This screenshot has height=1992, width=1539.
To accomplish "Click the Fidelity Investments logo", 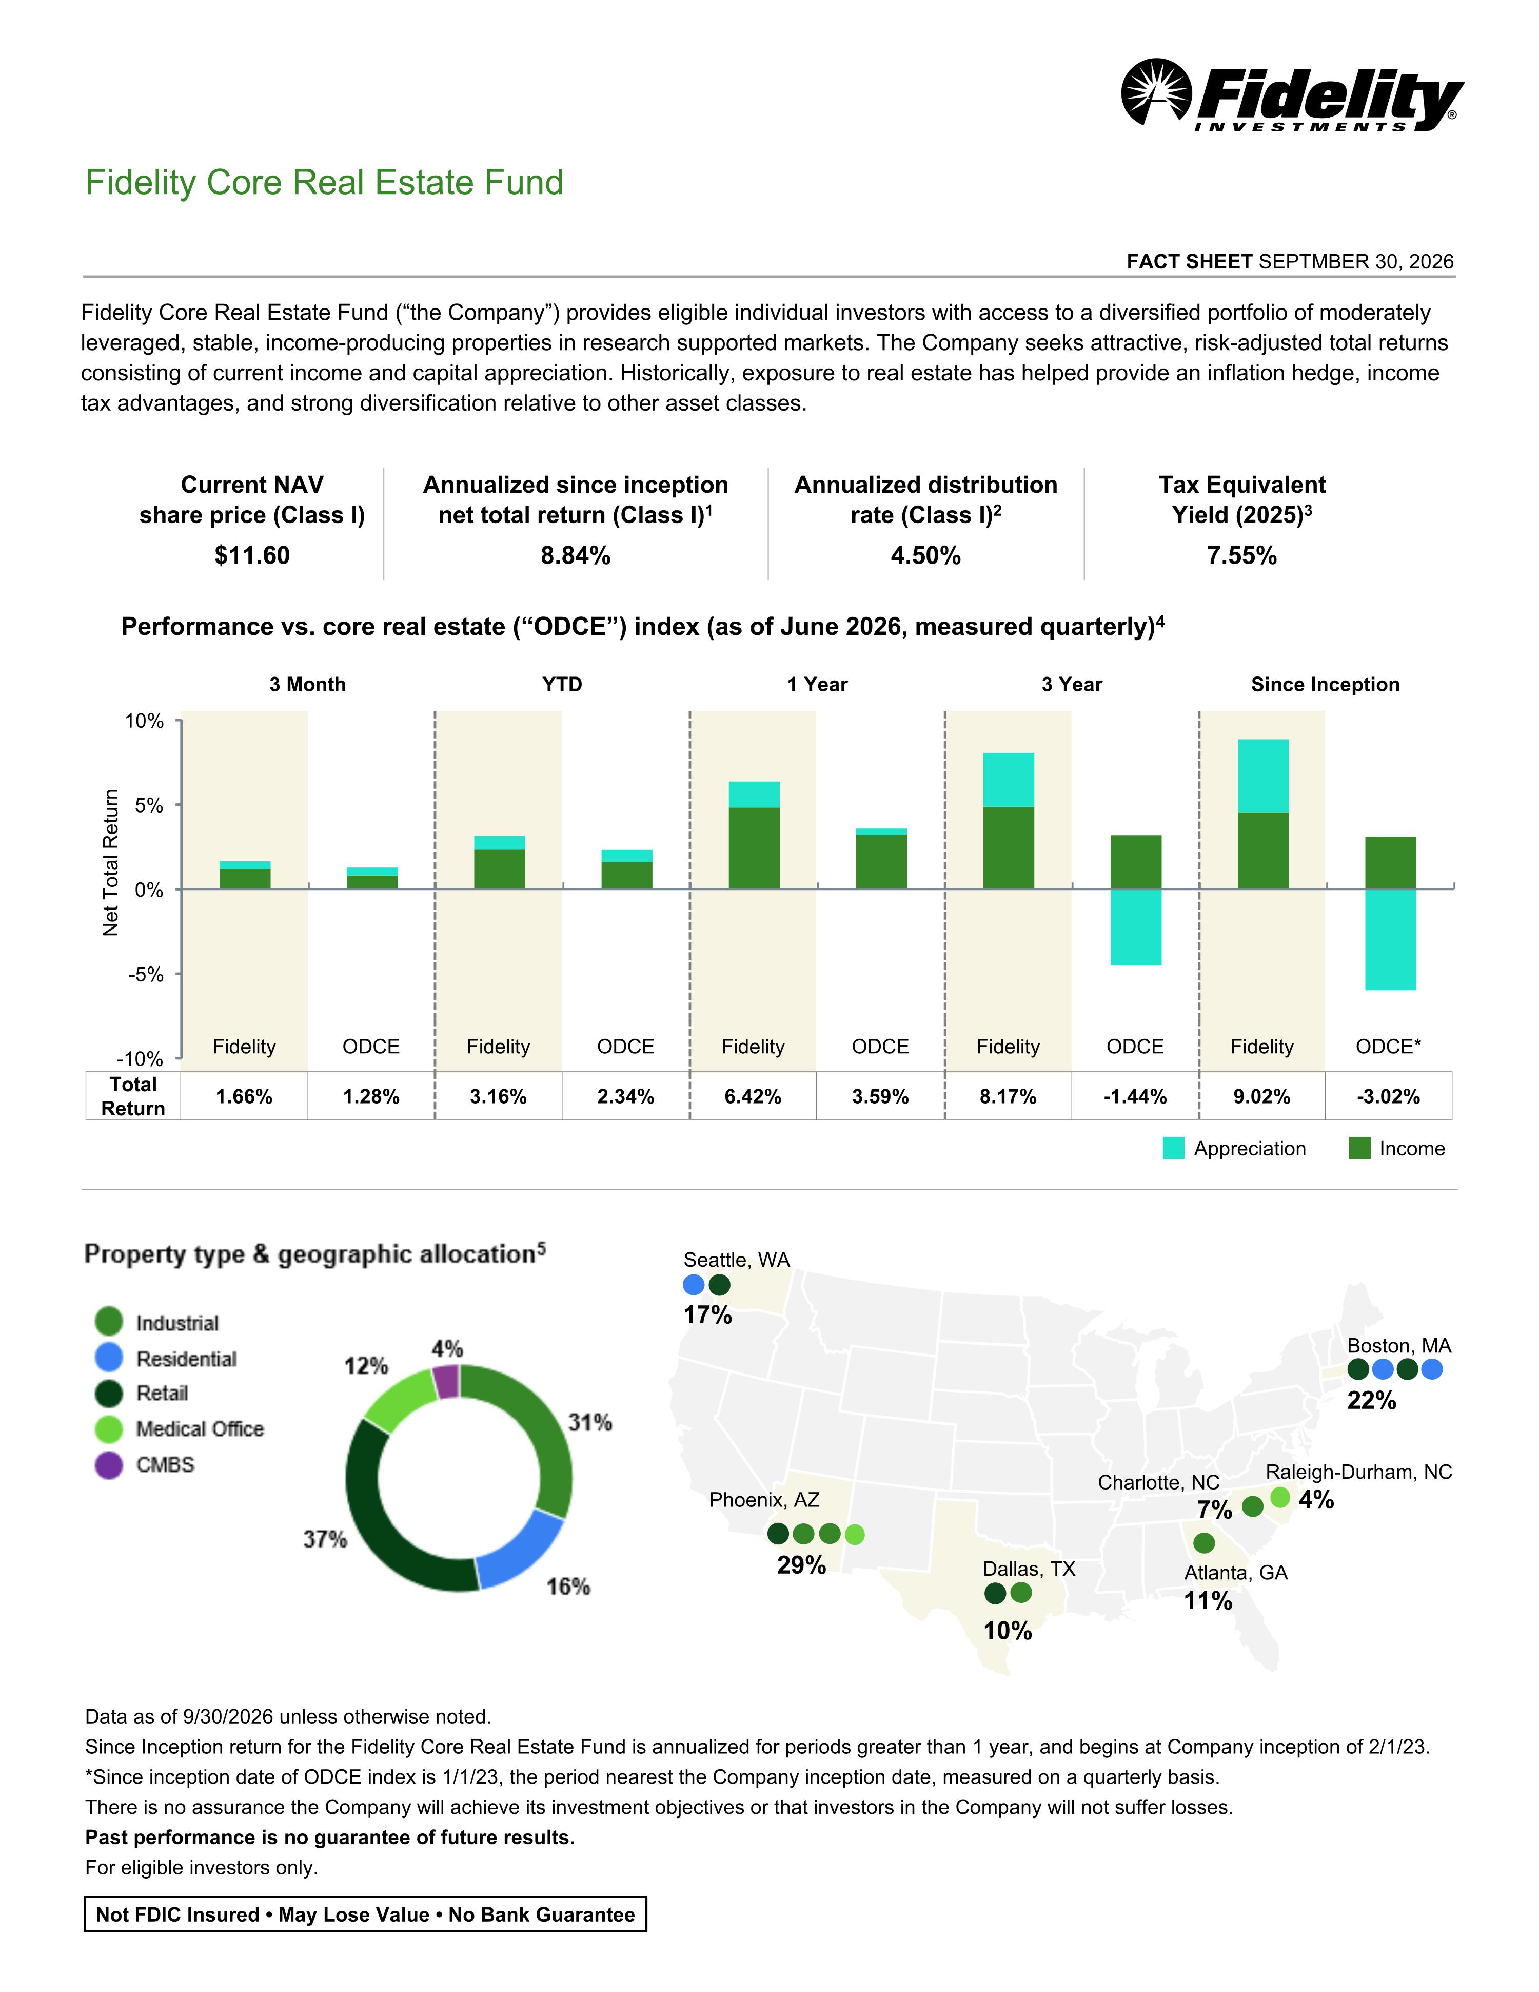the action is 1291,95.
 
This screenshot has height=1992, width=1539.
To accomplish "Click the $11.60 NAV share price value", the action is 252,555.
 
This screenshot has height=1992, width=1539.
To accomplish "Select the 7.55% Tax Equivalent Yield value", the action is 1242,555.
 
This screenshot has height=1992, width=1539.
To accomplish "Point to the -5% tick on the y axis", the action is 146,974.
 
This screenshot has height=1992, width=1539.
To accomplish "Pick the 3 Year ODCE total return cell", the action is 1135,1096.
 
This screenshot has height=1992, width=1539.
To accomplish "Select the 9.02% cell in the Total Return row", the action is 1262,1096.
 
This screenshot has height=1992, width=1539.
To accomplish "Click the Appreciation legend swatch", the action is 1173,1148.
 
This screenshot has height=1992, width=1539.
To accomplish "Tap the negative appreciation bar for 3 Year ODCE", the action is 1135,926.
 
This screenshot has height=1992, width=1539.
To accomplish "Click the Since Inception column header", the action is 1325,684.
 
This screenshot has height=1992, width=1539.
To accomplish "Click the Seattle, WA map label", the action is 737,1260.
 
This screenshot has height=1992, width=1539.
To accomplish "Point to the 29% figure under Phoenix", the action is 801,1565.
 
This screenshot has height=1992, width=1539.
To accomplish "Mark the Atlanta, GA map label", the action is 1235,1573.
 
